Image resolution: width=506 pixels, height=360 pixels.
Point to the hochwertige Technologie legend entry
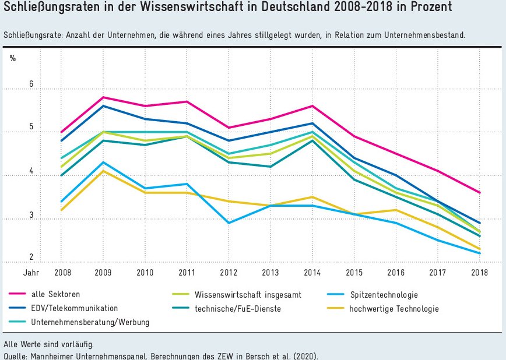[394, 308]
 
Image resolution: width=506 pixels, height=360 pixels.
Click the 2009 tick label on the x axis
[103, 272]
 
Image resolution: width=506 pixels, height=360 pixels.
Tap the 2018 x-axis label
[480, 272]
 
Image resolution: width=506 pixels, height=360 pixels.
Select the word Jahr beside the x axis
[31, 272]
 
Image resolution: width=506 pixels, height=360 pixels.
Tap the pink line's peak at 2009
[103, 97]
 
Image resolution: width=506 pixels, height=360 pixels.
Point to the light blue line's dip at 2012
[229, 223]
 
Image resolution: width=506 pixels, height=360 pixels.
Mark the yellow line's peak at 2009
[103, 171]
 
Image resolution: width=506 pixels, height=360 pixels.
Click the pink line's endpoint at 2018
[480, 192]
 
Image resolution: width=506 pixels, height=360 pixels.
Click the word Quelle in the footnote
[15, 356]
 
